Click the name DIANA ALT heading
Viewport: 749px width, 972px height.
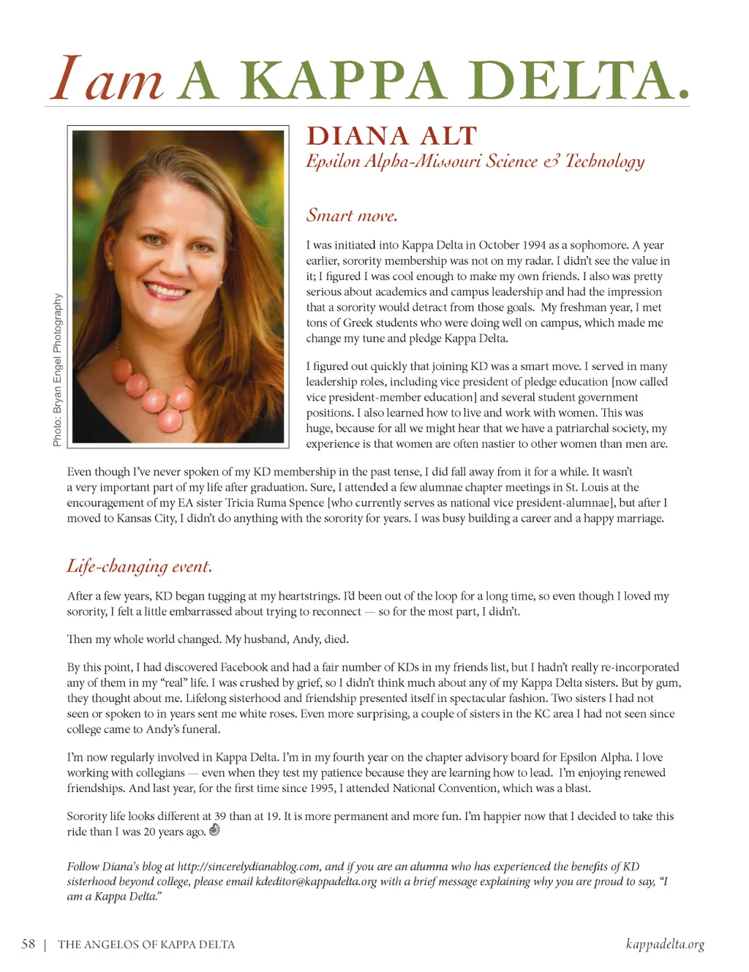click(391, 137)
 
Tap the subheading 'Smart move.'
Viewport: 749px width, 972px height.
click(352, 216)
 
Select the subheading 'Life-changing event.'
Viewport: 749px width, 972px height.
click(139, 566)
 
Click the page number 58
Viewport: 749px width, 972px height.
click(29, 944)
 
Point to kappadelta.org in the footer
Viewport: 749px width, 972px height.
click(665, 944)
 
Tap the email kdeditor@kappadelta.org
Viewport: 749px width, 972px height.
click(316, 882)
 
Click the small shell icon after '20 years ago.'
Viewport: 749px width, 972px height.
click(215, 830)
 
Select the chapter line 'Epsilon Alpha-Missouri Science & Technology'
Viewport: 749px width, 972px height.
click(475, 162)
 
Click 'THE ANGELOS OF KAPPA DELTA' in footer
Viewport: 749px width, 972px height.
click(146, 945)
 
